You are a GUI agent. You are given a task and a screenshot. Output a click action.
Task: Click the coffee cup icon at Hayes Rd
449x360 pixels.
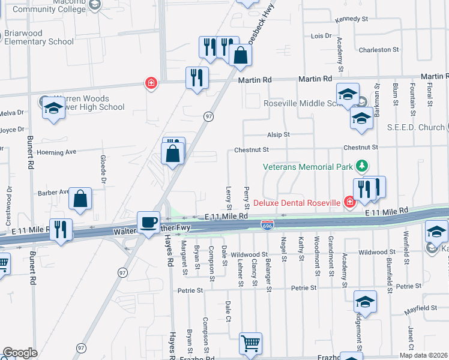tap(148, 221)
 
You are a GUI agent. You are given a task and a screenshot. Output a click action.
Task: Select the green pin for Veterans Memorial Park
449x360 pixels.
tap(361, 165)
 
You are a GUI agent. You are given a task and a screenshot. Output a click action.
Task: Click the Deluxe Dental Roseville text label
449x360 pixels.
tap(297, 203)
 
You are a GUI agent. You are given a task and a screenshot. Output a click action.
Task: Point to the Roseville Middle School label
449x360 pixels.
tap(302, 103)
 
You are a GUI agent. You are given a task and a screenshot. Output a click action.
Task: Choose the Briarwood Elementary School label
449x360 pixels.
tap(39, 37)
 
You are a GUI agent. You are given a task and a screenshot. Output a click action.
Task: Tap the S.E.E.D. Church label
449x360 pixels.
tap(415, 127)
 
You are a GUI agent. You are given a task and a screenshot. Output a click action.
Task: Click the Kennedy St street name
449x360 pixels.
tap(352, 19)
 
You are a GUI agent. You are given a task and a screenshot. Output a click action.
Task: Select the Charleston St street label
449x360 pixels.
tap(379, 50)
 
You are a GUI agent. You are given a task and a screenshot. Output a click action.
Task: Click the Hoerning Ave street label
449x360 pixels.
tap(57, 152)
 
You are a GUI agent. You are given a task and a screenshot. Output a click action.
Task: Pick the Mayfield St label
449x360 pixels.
tap(420, 308)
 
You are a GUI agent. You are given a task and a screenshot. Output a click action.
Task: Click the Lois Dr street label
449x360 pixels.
tap(321, 36)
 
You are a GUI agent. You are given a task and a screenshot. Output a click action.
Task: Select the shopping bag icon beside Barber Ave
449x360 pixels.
tap(80, 199)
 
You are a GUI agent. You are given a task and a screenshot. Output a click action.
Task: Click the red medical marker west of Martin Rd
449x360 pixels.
tap(151, 83)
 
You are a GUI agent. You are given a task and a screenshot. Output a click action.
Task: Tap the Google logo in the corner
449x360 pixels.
tap(20, 353)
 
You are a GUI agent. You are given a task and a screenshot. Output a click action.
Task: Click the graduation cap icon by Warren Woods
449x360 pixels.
tap(53, 109)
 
